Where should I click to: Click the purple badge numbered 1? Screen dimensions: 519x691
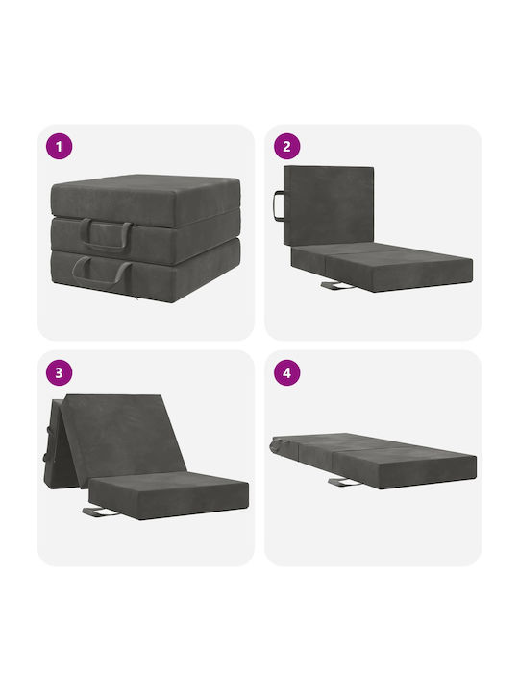(60, 146)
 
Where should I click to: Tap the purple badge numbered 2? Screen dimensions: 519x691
(286, 146)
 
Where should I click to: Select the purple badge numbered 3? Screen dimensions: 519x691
(60, 372)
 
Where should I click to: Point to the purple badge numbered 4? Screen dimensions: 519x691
(286, 372)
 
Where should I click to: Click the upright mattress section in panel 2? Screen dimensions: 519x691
(329, 205)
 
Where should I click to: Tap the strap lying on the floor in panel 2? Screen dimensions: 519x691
(336, 286)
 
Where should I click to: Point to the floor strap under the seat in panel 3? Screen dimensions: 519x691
(100, 512)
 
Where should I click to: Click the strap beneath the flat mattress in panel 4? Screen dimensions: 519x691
(344, 482)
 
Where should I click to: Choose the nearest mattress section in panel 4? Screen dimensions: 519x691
(404, 465)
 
